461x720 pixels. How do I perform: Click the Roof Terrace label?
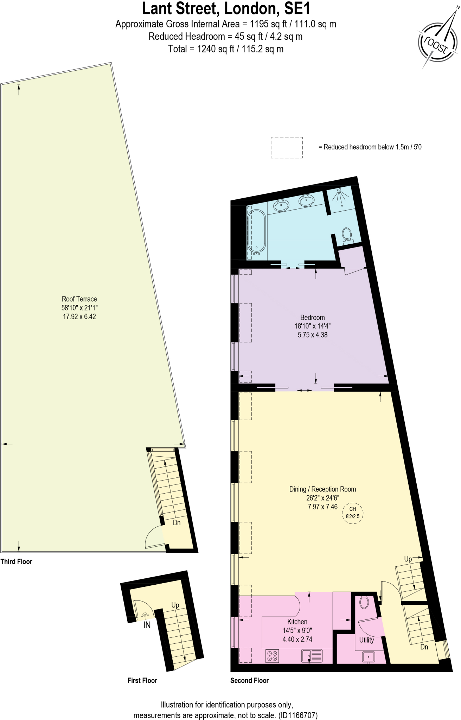point(79,299)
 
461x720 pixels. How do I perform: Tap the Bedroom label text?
point(312,317)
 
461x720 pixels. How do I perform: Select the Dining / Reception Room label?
point(322,489)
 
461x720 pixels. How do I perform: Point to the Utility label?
point(366,640)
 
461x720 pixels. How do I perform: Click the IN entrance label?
point(147,625)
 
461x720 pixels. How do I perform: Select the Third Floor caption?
point(16,562)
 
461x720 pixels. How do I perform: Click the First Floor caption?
point(142,681)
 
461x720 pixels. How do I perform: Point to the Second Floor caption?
point(249,681)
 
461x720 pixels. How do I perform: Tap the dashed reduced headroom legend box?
point(287,147)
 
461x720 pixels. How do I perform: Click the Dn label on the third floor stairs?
point(177,523)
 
